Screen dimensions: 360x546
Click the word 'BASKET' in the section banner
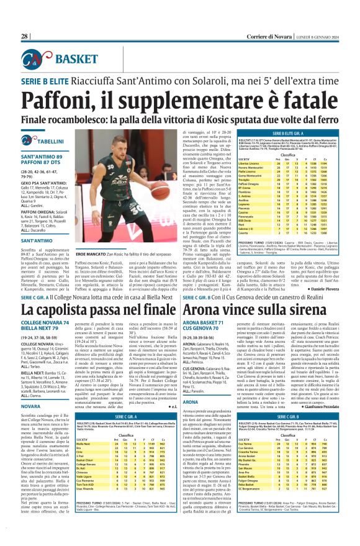pos(72,58)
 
